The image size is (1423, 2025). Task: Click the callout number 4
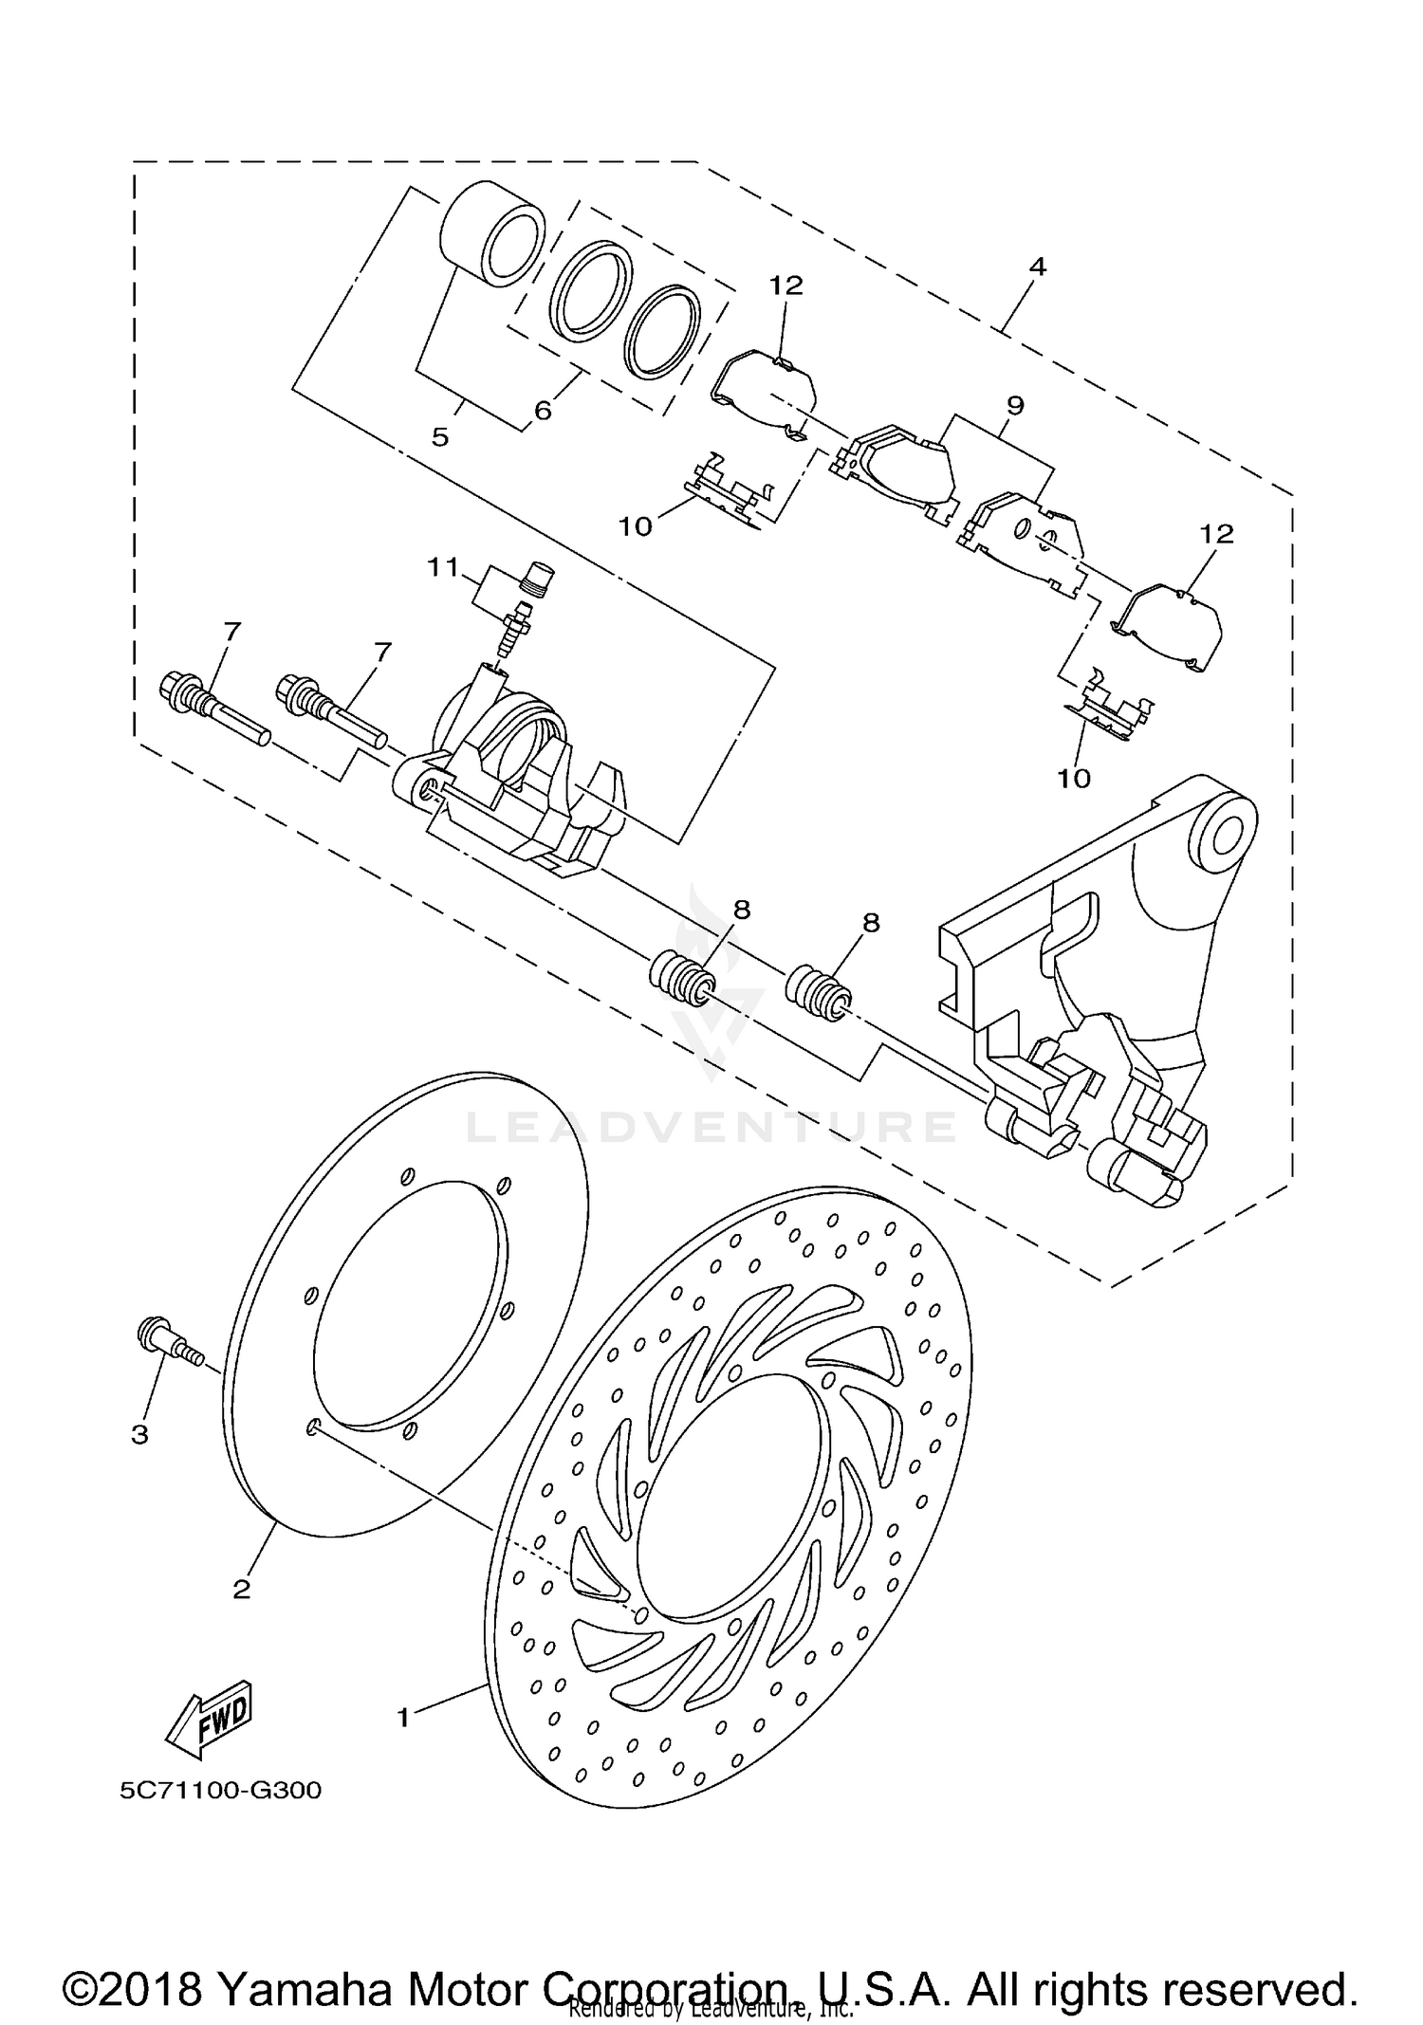tap(1037, 267)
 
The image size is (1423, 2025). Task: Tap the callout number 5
tap(439, 437)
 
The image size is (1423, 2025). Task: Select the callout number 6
tap(543, 411)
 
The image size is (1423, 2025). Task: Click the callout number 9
tap(1015, 405)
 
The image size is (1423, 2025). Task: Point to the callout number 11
tap(442, 567)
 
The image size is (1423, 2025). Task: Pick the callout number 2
tap(241, 1589)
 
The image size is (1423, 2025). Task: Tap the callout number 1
tap(403, 1717)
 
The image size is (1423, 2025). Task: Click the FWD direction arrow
tap(210, 1716)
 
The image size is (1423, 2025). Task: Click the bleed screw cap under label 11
tap(539, 577)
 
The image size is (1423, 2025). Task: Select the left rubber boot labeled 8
tap(679, 977)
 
